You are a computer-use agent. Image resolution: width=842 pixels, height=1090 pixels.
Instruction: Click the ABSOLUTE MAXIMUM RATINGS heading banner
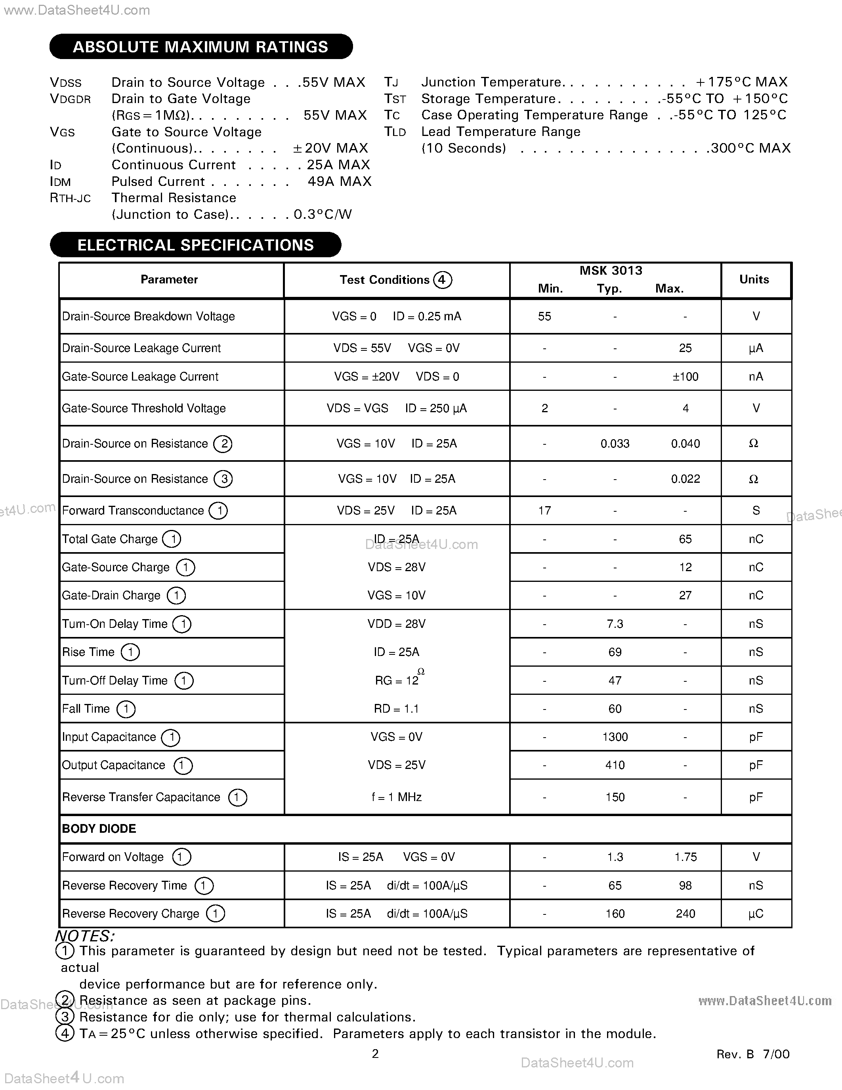[x=200, y=47]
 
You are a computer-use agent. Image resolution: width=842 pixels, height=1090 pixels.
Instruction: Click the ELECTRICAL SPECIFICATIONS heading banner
[x=195, y=245]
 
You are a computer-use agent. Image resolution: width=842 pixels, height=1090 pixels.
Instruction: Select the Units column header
[x=754, y=279]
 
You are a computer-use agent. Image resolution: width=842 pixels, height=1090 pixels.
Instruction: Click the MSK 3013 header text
[x=611, y=270]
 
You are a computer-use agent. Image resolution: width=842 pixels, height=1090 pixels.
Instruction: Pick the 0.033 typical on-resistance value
[x=615, y=444]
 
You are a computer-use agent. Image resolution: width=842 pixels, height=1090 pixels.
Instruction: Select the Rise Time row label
[x=88, y=652]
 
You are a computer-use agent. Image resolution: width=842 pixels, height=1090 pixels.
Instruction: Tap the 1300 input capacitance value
[x=615, y=737]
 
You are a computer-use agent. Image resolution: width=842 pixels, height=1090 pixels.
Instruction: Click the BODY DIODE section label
[x=99, y=829]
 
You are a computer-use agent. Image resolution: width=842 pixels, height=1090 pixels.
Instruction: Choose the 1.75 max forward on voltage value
[x=685, y=857]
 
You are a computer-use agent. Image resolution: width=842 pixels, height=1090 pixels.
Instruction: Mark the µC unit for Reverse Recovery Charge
[x=755, y=914]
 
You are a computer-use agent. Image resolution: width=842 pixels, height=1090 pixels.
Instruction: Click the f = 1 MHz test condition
[x=397, y=797]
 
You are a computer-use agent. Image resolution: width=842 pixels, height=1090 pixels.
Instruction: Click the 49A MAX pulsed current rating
[x=339, y=181]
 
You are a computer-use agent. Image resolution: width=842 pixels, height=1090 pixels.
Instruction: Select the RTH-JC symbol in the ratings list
[x=71, y=199]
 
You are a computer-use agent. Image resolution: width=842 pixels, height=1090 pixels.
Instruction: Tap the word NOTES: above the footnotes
[x=84, y=936]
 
